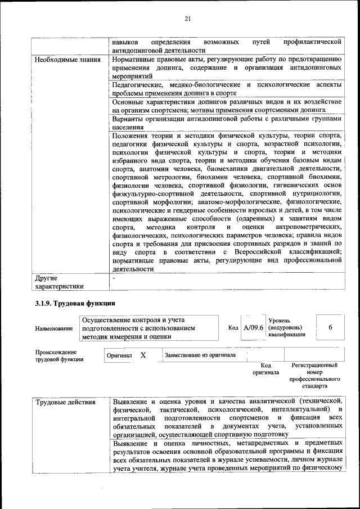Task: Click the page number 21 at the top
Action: (x=188, y=19)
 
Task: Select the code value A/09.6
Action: (x=253, y=327)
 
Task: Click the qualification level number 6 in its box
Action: (x=330, y=327)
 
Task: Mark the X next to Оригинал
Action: (x=143, y=355)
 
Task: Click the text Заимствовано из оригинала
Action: (x=200, y=355)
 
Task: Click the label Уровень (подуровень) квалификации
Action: (x=287, y=327)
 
